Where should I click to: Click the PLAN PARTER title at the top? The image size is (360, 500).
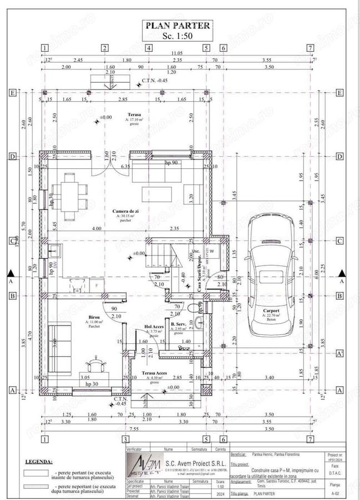pos(178,25)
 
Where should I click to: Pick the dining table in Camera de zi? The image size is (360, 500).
pos(71,196)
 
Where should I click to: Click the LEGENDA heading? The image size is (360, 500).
pos(39,461)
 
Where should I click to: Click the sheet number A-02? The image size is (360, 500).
pos(335,492)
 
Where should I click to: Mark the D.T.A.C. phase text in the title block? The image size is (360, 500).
pos(335,473)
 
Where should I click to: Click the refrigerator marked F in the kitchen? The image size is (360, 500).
pos(97,285)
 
